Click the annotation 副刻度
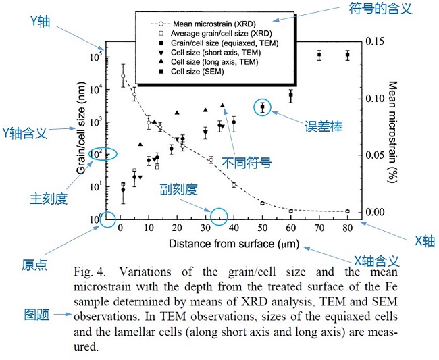pos(179,188)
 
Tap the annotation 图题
pos(35,314)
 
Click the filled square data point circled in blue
pos(263,107)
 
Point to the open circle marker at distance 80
pos(347,211)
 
